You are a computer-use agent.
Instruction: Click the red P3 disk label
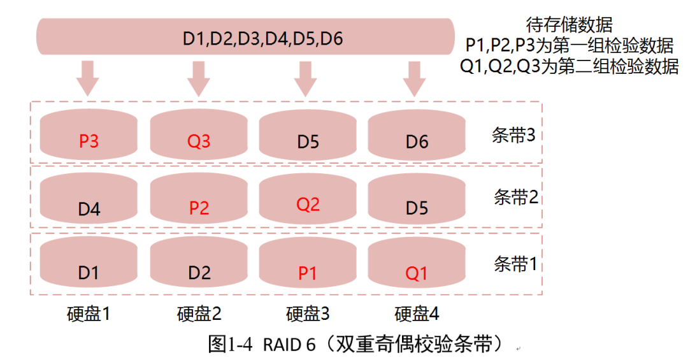[89, 141]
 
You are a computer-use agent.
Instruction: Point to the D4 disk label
[89, 208]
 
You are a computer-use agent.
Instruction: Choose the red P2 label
[199, 208]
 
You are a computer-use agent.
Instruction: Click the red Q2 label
[308, 205]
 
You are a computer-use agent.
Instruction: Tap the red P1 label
[308, 273]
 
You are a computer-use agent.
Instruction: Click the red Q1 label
[417, 273]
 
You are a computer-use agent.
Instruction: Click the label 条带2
[516, 197]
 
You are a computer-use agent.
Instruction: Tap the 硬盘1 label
[89, 314]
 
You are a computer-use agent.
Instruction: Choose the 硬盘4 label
[417, 314]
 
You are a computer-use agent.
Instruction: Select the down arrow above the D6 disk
[415, 78]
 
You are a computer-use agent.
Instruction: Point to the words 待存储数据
[569, 25]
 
